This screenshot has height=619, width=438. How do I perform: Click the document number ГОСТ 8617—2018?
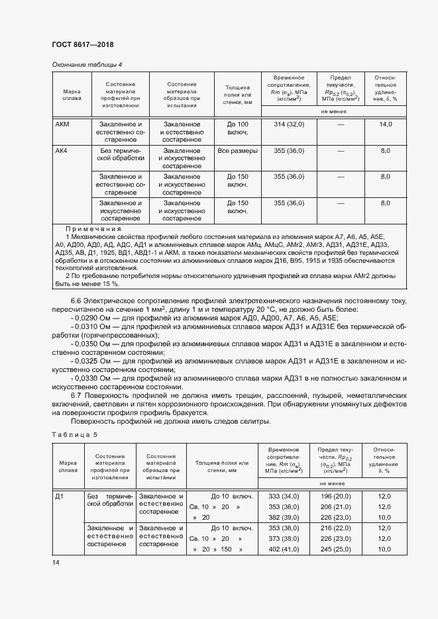(x=83, y=45)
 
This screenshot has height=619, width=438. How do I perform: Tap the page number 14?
(x=55, y=562)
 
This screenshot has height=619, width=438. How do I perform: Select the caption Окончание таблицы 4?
(x=87, y=64)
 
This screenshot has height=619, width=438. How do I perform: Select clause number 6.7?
(x=75, y=395)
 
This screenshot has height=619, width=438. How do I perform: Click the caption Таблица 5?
(x=74, y=434)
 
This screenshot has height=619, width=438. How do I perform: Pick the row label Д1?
(x=60, y=496)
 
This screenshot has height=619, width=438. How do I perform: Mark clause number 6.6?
(x=75, y=301)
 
